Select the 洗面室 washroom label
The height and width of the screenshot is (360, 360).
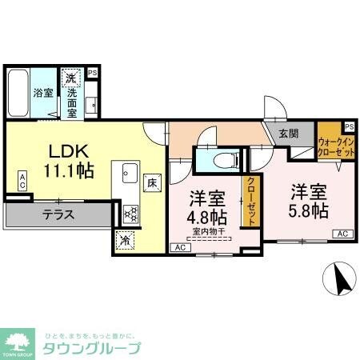[x=72, y=101]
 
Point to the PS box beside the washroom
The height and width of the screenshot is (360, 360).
[x=93, y=73]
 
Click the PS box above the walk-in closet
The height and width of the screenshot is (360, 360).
[x=349, y=126]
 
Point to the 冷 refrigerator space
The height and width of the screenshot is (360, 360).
[x=126, y=238]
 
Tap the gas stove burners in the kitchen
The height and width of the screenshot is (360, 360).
[x=130, y=213]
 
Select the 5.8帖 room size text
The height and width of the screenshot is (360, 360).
[x=310, y=210]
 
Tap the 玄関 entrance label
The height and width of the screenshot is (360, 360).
[x=289, y=134]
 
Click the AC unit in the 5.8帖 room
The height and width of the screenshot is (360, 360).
[x=342, y=234]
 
